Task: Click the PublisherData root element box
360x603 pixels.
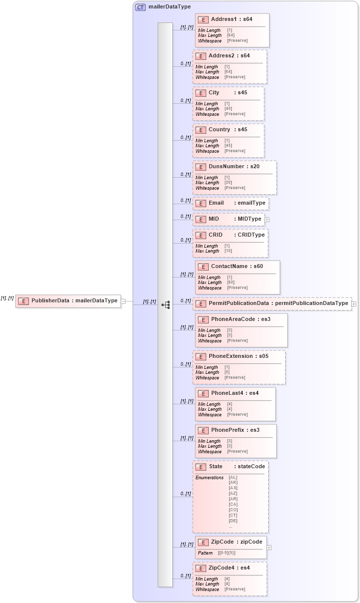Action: point(68,301)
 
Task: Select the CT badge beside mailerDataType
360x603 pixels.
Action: point(140,7)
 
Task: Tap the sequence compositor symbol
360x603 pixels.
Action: point(166,304)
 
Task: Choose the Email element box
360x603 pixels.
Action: point(231,203)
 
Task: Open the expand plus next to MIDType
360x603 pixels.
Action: point(267,219)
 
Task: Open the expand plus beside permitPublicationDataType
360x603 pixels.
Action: point(354,303)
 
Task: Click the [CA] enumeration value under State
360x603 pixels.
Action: point(233,504)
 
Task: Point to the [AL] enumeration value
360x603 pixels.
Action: point(233,477)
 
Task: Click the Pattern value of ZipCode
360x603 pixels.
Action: point(227,553)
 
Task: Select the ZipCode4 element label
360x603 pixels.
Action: point(229,568)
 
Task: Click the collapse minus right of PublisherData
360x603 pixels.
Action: point(123,301)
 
